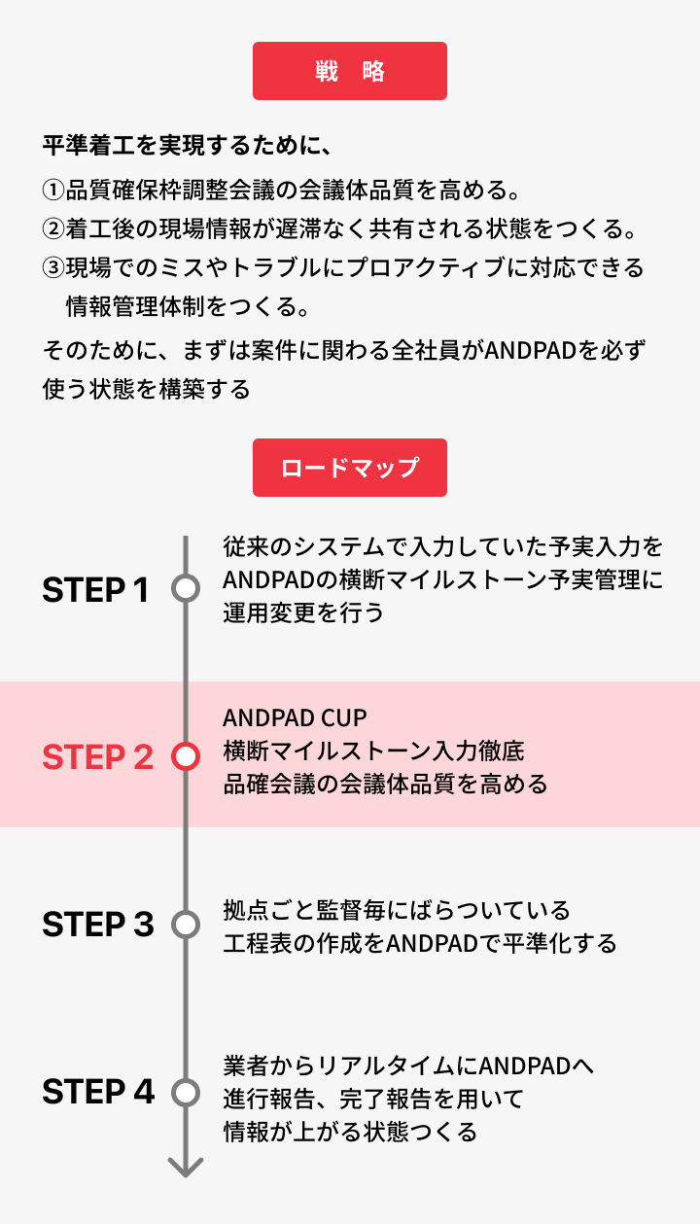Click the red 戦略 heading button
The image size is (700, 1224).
point(350,71)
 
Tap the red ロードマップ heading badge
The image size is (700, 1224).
point(350,468)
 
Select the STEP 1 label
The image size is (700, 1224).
point(95,590)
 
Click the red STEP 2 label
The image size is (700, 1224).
point(98,756)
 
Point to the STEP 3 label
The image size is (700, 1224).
point(98,924)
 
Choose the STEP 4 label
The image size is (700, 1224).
point(98,1091)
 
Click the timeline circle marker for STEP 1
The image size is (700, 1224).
point(186,576)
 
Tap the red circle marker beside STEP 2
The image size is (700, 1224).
point(186,743)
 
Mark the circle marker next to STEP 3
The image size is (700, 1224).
point(186,911)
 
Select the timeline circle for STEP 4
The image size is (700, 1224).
point(186,1078)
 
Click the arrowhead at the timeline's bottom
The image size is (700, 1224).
point(186,1173)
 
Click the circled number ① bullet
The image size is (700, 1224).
point(53,191)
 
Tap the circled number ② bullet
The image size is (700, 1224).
point(53,229)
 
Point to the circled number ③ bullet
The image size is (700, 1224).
point(53,267)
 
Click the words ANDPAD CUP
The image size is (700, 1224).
point(295,718)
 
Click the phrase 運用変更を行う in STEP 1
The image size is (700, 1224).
point(303,612)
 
